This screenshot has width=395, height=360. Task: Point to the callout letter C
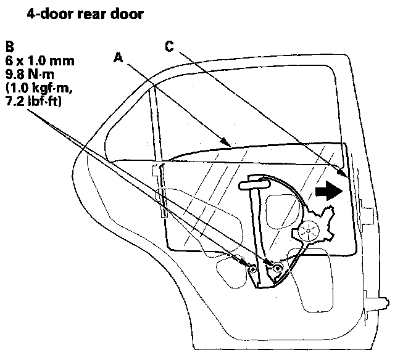(x=170, y=45)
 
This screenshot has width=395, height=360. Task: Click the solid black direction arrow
(x=328, y=191)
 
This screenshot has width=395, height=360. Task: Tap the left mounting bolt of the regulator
(x=252, y=269)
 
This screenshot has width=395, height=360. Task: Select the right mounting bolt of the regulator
(x=278, y=268)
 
